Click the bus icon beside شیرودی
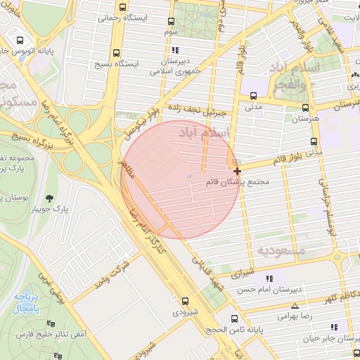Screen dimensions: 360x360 click(x=186, y=300)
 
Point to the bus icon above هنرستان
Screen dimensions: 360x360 click(x=305, y=108)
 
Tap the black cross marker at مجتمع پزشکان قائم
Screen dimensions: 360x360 click(x=238, y=170)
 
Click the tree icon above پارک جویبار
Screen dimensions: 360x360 click(x=49, y=198)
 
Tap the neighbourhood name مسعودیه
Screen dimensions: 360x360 click(x=281, y=250)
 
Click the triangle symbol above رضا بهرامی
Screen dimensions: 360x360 click(x=294, y=306)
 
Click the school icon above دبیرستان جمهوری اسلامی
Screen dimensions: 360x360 click(x=175, y=50)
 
